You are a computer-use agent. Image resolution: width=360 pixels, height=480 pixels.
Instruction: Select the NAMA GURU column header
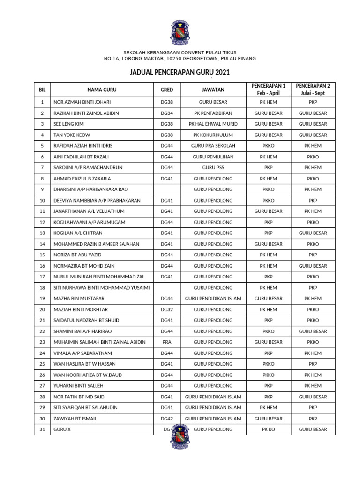pos(102,90)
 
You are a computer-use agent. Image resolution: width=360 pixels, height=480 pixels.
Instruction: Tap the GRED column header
pos(167,90)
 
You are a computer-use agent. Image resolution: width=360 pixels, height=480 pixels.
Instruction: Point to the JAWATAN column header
pos(213,90)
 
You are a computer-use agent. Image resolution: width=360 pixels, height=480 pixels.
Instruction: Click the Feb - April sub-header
pos(268,93)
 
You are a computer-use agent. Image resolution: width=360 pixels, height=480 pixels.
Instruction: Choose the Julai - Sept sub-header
pos(313,93)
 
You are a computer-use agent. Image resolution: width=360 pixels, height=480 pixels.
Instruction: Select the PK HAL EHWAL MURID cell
pos(213,124)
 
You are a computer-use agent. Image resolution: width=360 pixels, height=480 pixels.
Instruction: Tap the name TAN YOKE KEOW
pos(72,135)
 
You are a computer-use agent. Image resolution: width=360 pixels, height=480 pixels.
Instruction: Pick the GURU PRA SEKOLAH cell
pos(213,146)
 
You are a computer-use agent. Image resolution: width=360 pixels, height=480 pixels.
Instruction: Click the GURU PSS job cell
pos(213,168)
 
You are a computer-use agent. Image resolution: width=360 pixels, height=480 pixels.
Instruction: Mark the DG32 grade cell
pos(167,309)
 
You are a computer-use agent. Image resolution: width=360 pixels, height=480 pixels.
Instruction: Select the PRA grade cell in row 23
pos(167,342)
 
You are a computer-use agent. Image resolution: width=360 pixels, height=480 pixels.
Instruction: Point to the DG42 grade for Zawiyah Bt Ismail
pos(167,419)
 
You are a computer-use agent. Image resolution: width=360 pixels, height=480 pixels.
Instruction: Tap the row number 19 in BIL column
pos(42,299)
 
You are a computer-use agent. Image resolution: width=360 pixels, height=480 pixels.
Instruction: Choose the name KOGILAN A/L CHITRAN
pos(78,233)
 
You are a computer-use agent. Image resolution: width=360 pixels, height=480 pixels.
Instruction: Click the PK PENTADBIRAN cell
pos(213,113)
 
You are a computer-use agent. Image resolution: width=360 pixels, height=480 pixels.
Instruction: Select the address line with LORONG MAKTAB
pos(180,59)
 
